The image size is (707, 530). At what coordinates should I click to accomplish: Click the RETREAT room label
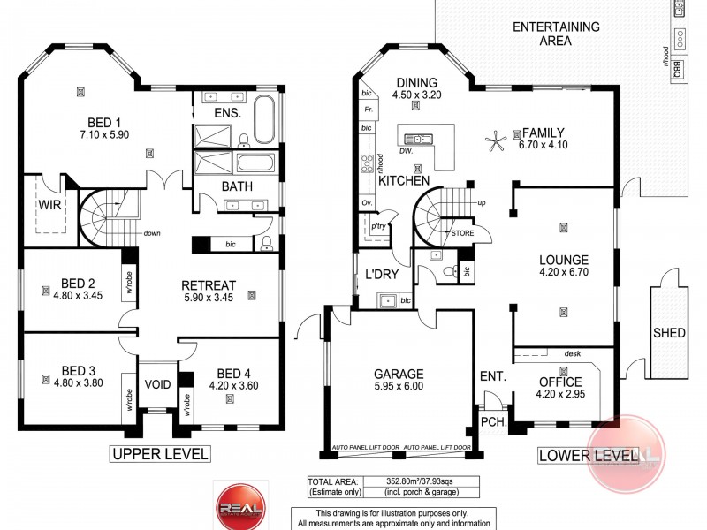click(x=208, y=284)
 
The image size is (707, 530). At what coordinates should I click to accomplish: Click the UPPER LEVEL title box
click(x=159, y=454)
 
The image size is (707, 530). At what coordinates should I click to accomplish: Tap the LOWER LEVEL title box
click(x=588, y=455)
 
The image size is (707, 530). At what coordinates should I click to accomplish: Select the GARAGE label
click(x=398, y=373)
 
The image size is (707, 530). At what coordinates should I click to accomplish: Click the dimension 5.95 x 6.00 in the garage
click(x=398, y=387)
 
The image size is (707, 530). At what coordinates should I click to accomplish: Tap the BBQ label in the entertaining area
click(x=676, y=69)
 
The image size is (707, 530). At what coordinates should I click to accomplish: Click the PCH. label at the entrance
click(x=492, y=422)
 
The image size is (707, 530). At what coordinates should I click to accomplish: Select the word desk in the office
click(x=572, y=352)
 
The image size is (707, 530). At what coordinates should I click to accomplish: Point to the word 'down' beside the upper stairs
click(x=152, y=234)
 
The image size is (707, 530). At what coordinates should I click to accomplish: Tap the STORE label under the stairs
click(x=462, y=233)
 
